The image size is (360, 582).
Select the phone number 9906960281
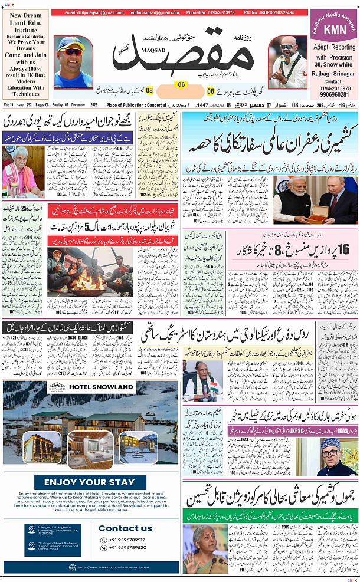[x=334, y=94]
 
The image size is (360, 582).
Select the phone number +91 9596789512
[x=125, y=540]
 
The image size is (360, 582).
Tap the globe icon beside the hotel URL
[x=72, y=568]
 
